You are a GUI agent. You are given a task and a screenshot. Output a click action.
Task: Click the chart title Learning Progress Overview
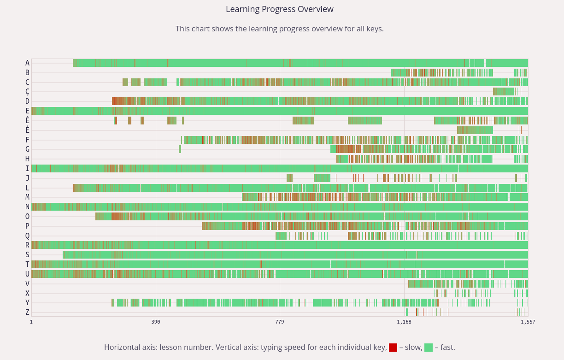point(279,9)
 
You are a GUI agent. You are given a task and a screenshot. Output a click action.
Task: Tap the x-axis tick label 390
point(156,322)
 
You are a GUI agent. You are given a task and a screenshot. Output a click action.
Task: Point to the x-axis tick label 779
point(280,322)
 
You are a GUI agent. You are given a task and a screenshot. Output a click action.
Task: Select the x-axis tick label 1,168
point(404,322)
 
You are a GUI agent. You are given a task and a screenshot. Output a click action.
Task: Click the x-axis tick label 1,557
point(528,322)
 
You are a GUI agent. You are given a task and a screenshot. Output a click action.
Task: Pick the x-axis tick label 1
point(31,322)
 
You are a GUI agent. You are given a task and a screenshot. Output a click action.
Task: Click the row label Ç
point(27,92)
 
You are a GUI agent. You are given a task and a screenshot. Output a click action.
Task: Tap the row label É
point(27,120)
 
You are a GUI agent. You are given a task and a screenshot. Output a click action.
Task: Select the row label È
point(27,130)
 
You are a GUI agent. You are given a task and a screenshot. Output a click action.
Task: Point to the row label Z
point(27,312)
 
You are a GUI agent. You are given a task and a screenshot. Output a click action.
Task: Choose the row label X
point(27,293)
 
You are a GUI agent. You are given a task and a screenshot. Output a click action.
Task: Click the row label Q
point(27,236)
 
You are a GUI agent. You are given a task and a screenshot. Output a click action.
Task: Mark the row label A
point(27,63)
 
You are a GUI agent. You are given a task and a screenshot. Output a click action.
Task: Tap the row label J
point(27,178)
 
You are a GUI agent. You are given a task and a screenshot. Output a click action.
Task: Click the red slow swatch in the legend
point(393,348)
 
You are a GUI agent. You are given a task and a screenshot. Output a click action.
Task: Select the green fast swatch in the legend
point(428,348)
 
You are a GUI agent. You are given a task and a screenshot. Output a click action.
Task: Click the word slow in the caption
point(410,348)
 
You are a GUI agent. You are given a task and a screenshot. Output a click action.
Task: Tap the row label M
point(27,197)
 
